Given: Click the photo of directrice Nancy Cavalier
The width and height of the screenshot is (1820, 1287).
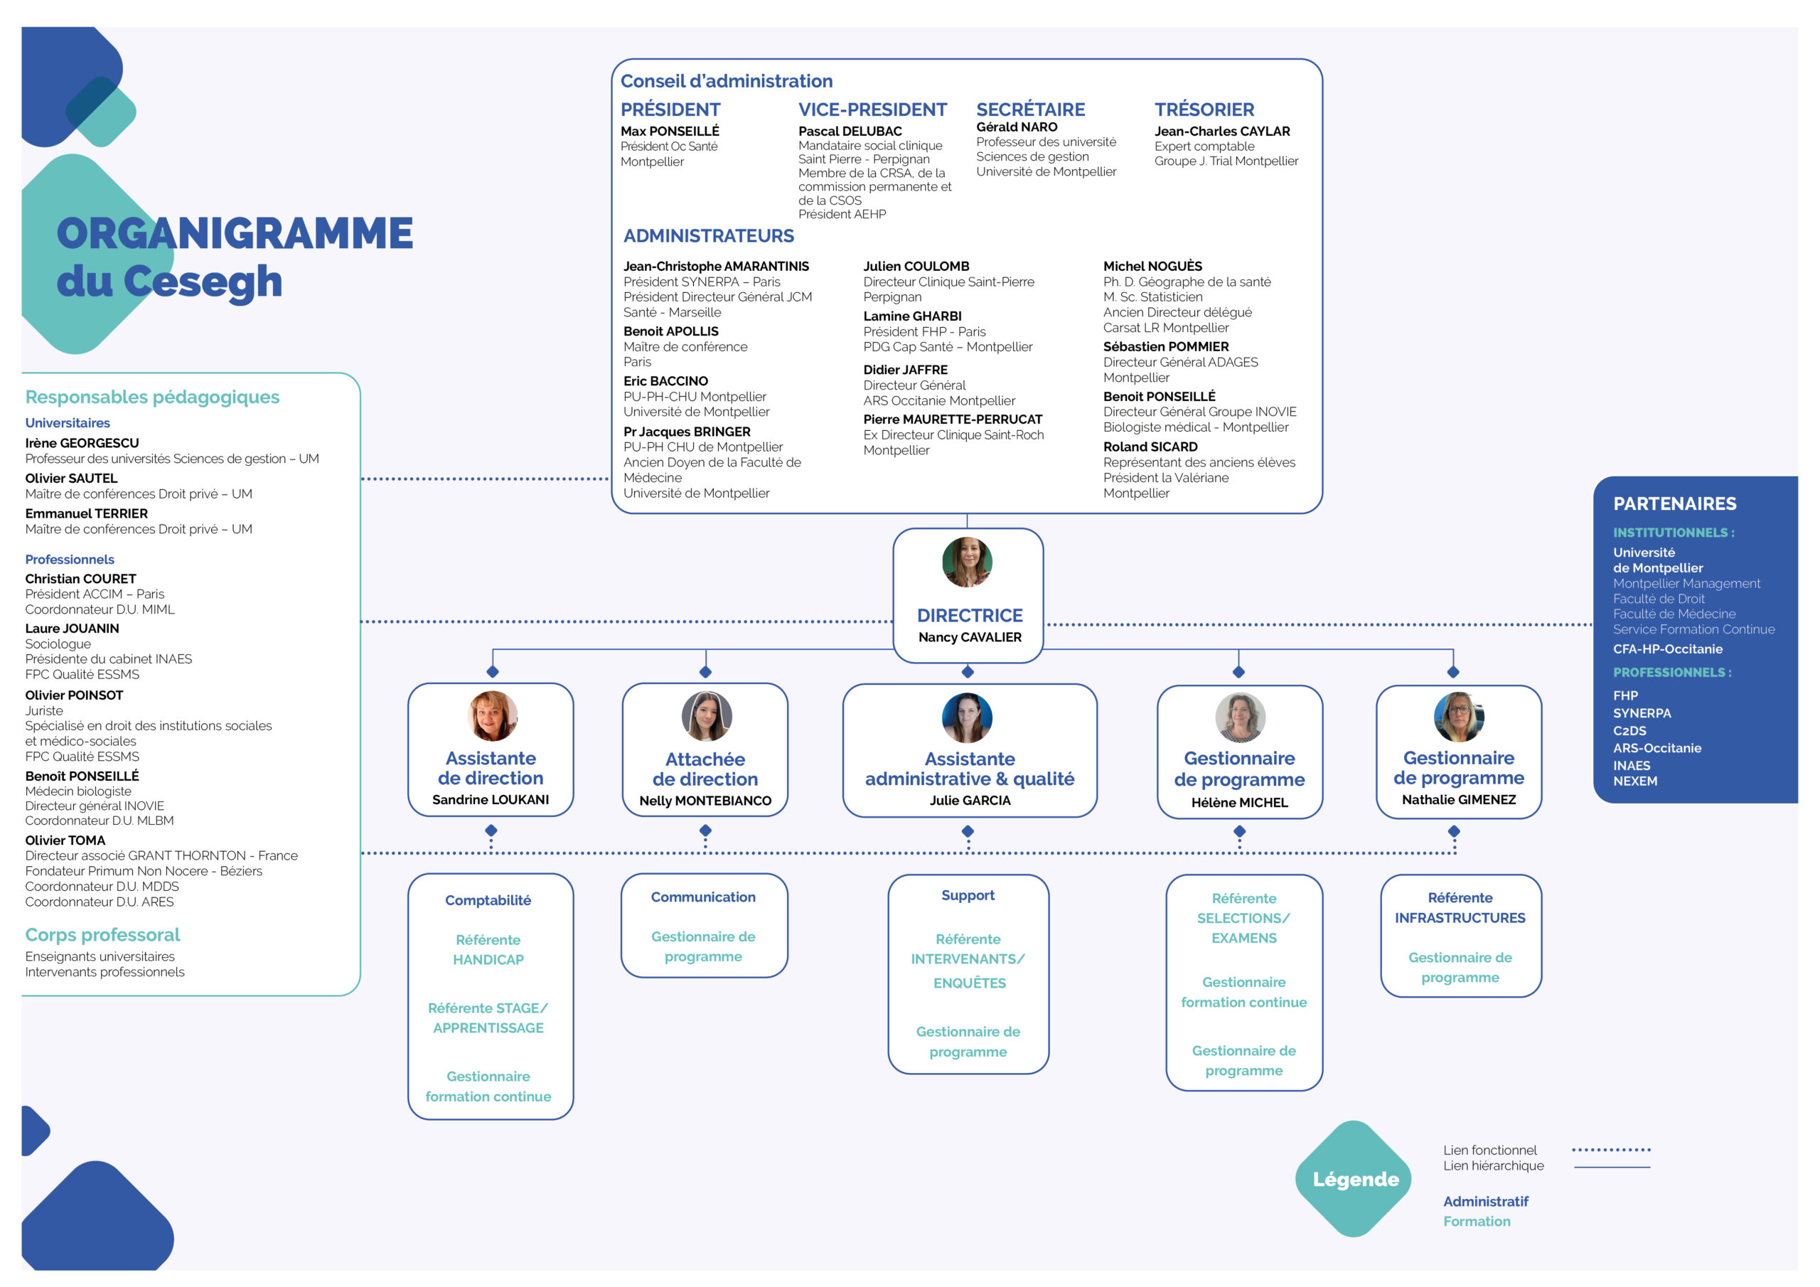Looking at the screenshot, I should pos(967,562).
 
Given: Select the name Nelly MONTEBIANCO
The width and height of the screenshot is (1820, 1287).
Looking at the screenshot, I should pos(705,801).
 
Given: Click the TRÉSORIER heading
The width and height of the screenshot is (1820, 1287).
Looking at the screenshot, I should pos(1204,110).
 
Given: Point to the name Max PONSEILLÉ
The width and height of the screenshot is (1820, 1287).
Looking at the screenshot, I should pos(670,131).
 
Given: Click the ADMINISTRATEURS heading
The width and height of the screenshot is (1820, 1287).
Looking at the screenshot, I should pos(708,235).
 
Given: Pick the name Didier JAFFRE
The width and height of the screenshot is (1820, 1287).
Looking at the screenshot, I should pos(905,370).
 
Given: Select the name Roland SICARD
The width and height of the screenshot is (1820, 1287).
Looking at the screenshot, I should pos(1150,447).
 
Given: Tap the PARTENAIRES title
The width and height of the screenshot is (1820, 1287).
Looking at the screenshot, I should pos(1674,503).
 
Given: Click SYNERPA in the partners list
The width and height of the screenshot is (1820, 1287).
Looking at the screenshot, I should pos(1642,713).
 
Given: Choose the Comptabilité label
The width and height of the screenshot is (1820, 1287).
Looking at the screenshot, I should pos(488,900).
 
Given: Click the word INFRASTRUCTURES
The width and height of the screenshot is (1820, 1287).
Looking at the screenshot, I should pos(1460,917).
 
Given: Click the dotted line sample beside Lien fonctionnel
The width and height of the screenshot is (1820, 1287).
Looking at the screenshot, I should pos(1611,1149).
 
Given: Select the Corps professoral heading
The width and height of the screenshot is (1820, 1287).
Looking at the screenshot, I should pos(102,934).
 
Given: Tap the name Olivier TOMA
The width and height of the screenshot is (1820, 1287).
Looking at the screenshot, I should pos(65,840).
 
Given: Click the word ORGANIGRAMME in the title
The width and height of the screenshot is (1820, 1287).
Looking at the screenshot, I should pos(235,233).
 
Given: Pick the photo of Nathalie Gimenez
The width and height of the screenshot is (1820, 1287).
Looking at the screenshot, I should pos(1459,716).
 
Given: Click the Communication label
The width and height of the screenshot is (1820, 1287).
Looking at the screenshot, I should pos(703,897).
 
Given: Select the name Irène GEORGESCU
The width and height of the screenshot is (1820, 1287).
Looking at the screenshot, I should pos(82,442).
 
